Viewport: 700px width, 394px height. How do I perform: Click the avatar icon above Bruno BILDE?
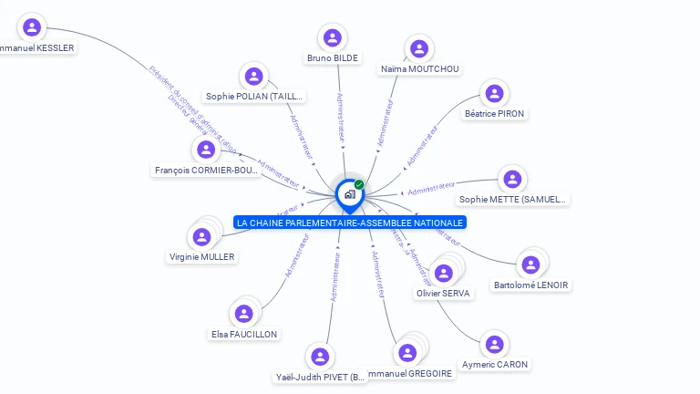pos(333,37)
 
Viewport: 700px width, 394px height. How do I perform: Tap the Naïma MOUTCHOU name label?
pos(420,69)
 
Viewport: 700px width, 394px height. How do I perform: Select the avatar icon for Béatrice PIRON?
pos(494,93)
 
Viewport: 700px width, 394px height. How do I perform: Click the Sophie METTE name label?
pos(513,199)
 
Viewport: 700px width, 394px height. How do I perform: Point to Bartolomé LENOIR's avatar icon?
pos(530,264)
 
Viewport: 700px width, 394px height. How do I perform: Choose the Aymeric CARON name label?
pos(495,365)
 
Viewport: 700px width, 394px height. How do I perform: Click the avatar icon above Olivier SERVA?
pos(444,273)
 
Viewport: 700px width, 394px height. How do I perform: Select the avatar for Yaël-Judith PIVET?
pos(319,356)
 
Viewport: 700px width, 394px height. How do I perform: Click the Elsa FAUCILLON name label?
pos(244,335)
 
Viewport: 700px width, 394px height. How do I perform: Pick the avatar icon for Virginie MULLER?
pos(202,237)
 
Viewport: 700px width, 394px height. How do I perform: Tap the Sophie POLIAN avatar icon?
pos(254,76)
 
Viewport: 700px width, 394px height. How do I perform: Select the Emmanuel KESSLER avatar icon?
pos(33,27)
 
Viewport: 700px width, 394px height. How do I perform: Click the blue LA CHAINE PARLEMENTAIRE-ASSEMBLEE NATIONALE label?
pos(350,223)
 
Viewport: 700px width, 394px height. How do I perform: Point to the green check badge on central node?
pos(359,185)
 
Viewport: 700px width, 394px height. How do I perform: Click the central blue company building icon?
pos(349,193)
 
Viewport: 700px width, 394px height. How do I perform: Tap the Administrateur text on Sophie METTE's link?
pos(431,189)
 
